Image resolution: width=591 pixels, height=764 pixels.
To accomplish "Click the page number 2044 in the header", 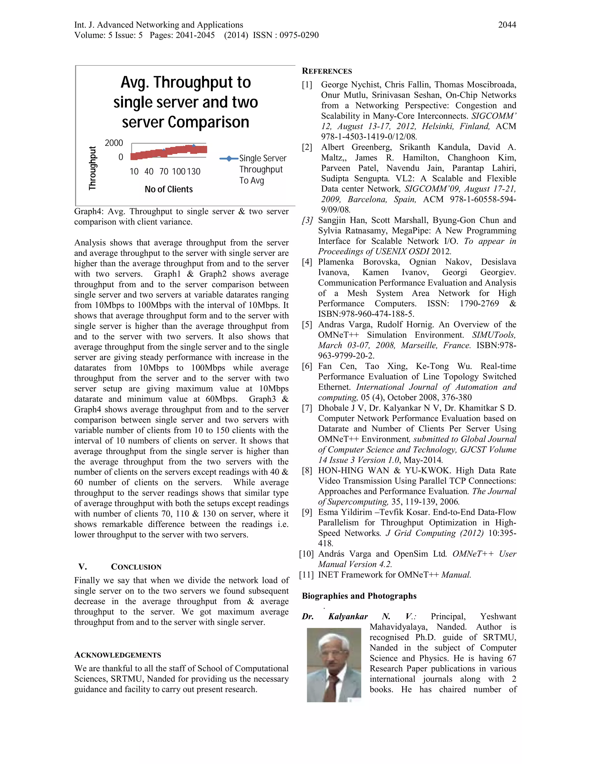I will tap(507, 25).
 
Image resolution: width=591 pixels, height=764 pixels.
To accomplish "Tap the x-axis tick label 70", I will tap(164, 172).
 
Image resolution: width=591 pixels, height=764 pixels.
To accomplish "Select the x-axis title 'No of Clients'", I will tap(169, 189).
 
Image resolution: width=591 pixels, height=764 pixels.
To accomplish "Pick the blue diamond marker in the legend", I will tap(229, 159).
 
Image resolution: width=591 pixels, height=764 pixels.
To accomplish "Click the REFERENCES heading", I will tap(327, 71).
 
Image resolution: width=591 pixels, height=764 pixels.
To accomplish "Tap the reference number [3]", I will tap(307, 220).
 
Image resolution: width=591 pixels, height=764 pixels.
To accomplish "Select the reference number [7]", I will tap(307, 408).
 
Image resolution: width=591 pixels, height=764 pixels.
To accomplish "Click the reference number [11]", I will tap(306, 575).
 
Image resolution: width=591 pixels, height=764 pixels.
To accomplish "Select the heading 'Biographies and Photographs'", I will tap(359, 596).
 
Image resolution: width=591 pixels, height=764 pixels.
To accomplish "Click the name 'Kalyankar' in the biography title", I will tap(348, 617).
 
